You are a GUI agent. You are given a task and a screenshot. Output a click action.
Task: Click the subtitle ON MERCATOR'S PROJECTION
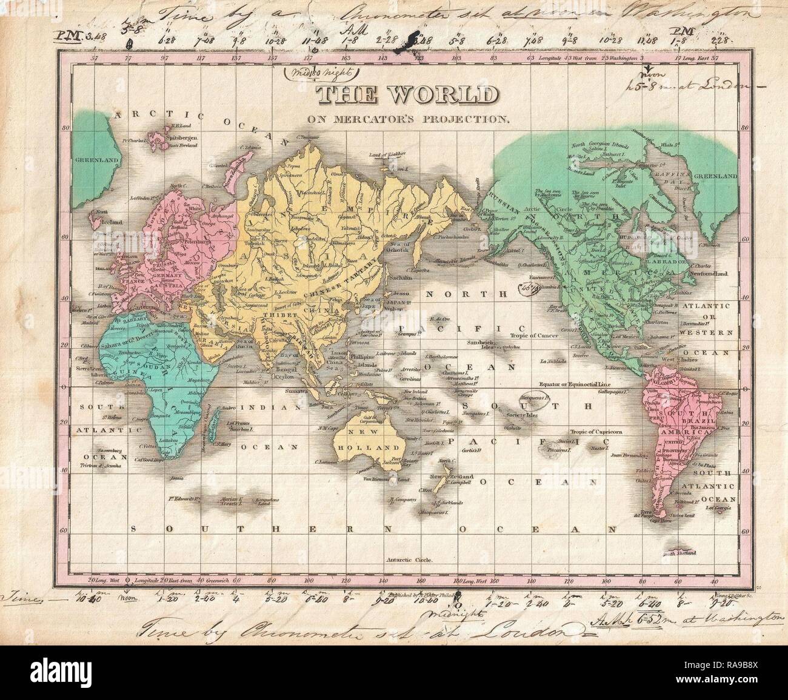[407, 119]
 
